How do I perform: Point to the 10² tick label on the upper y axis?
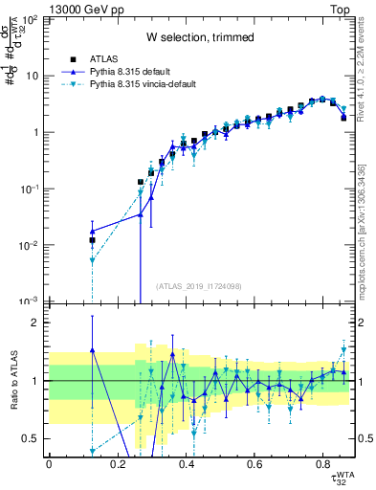click(30, 19)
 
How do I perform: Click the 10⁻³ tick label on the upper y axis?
click(30, 301)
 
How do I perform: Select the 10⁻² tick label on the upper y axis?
click(30, 245)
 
